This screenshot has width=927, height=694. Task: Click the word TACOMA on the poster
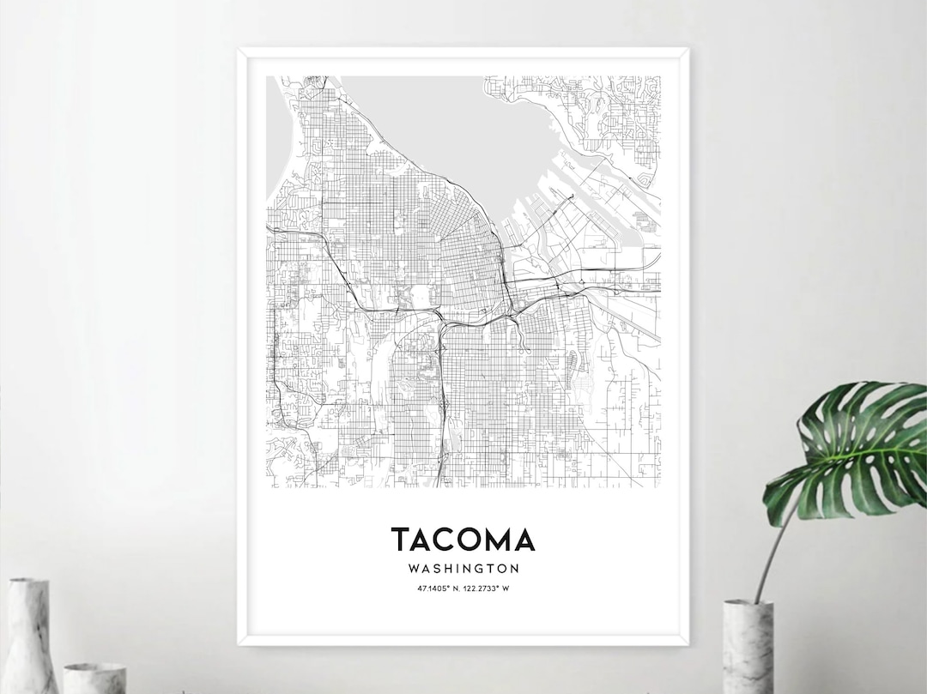point(463,540)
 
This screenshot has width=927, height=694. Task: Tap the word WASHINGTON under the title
point(463,568)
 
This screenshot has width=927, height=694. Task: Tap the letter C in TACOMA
point(443,540)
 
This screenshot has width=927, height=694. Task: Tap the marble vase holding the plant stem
point(748,646)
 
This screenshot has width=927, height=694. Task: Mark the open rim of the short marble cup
point(94,667)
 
